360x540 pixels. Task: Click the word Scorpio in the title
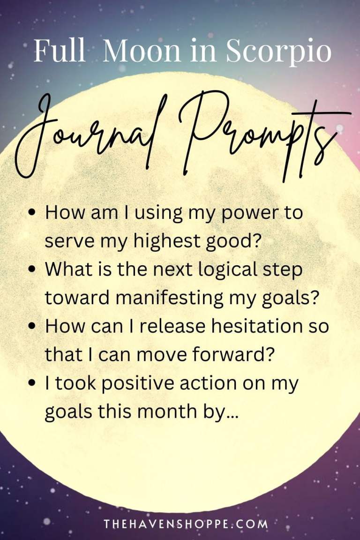tap(279, 51)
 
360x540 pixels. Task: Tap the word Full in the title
tap(60, 51)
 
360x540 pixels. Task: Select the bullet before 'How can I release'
tap(32, 327)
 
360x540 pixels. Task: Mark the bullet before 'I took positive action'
tap(32, 384)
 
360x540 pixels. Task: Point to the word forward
tap(239, 355)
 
